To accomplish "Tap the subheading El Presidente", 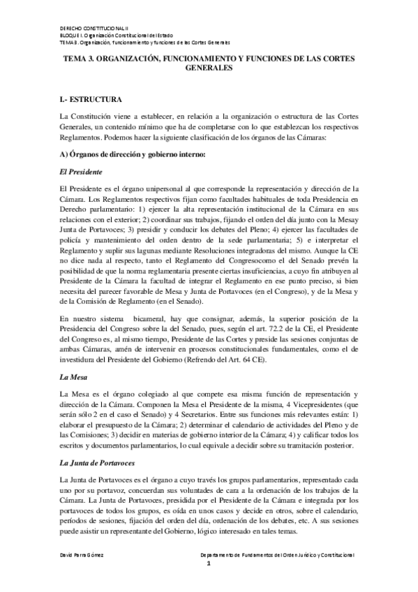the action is click(82, 171).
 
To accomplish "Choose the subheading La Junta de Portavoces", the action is click(103, 444).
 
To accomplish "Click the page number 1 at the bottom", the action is click(207, 563).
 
